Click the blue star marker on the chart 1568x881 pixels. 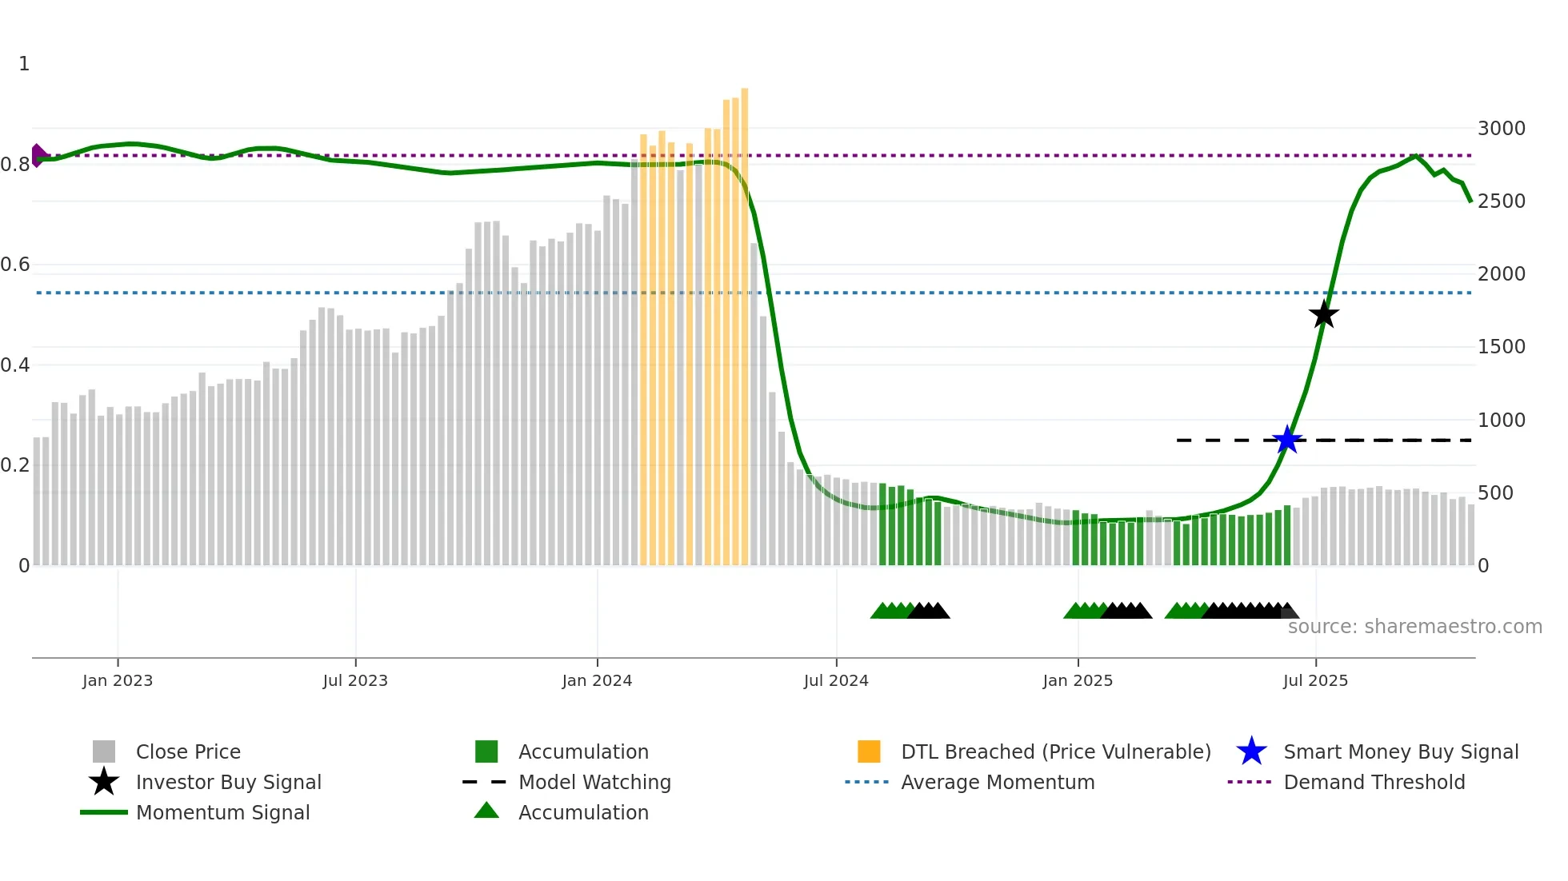tap(1287, 440)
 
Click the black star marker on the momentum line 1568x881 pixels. tap(1324, 314)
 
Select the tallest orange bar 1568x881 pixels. tap(744, 320)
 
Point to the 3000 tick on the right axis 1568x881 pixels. tap(1501, 129)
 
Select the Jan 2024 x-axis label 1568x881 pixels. tap(597, 680)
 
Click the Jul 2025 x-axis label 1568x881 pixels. tap(1315, 680)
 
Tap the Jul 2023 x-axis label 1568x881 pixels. tap(355, 680)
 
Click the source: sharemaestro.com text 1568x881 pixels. tap(1414, 627)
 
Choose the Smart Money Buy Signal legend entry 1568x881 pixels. tap(1400, 751)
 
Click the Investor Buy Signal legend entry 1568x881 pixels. tap(228, 782)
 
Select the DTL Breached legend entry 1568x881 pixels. tap(1055, 751)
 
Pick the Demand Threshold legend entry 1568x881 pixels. tap(1374, 782)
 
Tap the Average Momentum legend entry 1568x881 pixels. tap(997, 782)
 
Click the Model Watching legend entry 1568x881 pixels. tap(594, 782)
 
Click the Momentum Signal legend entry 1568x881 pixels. tap(222, 812)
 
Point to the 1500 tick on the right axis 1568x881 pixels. tap(1501, 347)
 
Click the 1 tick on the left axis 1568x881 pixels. tap(24, 64)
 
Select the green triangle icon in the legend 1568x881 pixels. tap(486, 811)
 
